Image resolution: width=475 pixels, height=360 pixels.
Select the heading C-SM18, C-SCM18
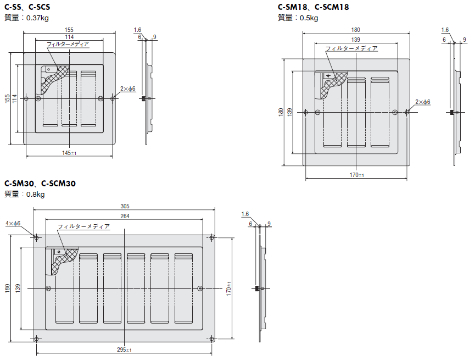coord(314,7)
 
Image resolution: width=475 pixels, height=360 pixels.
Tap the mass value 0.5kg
coord(309,18)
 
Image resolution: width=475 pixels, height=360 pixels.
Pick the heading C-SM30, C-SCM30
coord(40,184)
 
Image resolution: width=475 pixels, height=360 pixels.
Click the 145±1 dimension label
coord(69,153)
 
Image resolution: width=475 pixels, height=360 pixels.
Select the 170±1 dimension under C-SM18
coord(357,175)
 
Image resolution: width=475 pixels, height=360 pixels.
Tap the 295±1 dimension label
coord(125,350)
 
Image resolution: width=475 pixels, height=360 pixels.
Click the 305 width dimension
coord(125,206)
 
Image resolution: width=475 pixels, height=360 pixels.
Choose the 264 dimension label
coord(125,216)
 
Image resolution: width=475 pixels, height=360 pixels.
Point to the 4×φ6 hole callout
coord(13,224)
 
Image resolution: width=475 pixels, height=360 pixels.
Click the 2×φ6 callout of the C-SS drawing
coord(128,88)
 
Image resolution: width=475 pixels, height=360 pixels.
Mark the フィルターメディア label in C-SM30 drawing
coord(83,226)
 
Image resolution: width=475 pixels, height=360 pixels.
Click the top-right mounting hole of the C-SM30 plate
coord(212,237)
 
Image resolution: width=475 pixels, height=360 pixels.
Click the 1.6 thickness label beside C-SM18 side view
coord(445,30)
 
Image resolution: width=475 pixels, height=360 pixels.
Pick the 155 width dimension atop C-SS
coord(69,30)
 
